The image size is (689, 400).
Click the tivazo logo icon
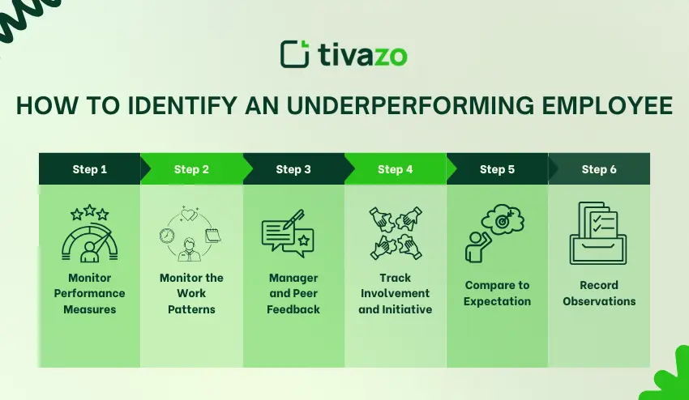click(294, 53)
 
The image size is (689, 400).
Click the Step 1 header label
click(89, 169)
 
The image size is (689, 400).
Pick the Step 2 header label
click(191, 169)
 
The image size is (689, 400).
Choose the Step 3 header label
click(293, 169)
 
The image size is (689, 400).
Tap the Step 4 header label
click(395, 169)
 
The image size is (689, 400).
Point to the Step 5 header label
click(497, 169)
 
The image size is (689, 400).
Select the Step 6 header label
click(599, 169)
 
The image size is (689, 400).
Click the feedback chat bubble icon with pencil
click(287, 234)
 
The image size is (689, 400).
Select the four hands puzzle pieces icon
click(395, 234)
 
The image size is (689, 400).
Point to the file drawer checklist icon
click(598, 233)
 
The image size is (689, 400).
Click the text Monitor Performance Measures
click(90, 293)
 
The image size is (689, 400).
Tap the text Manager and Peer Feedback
click(293, 293)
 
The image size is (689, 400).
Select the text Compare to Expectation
click(497, 293)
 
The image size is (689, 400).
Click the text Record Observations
click(599, 293)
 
